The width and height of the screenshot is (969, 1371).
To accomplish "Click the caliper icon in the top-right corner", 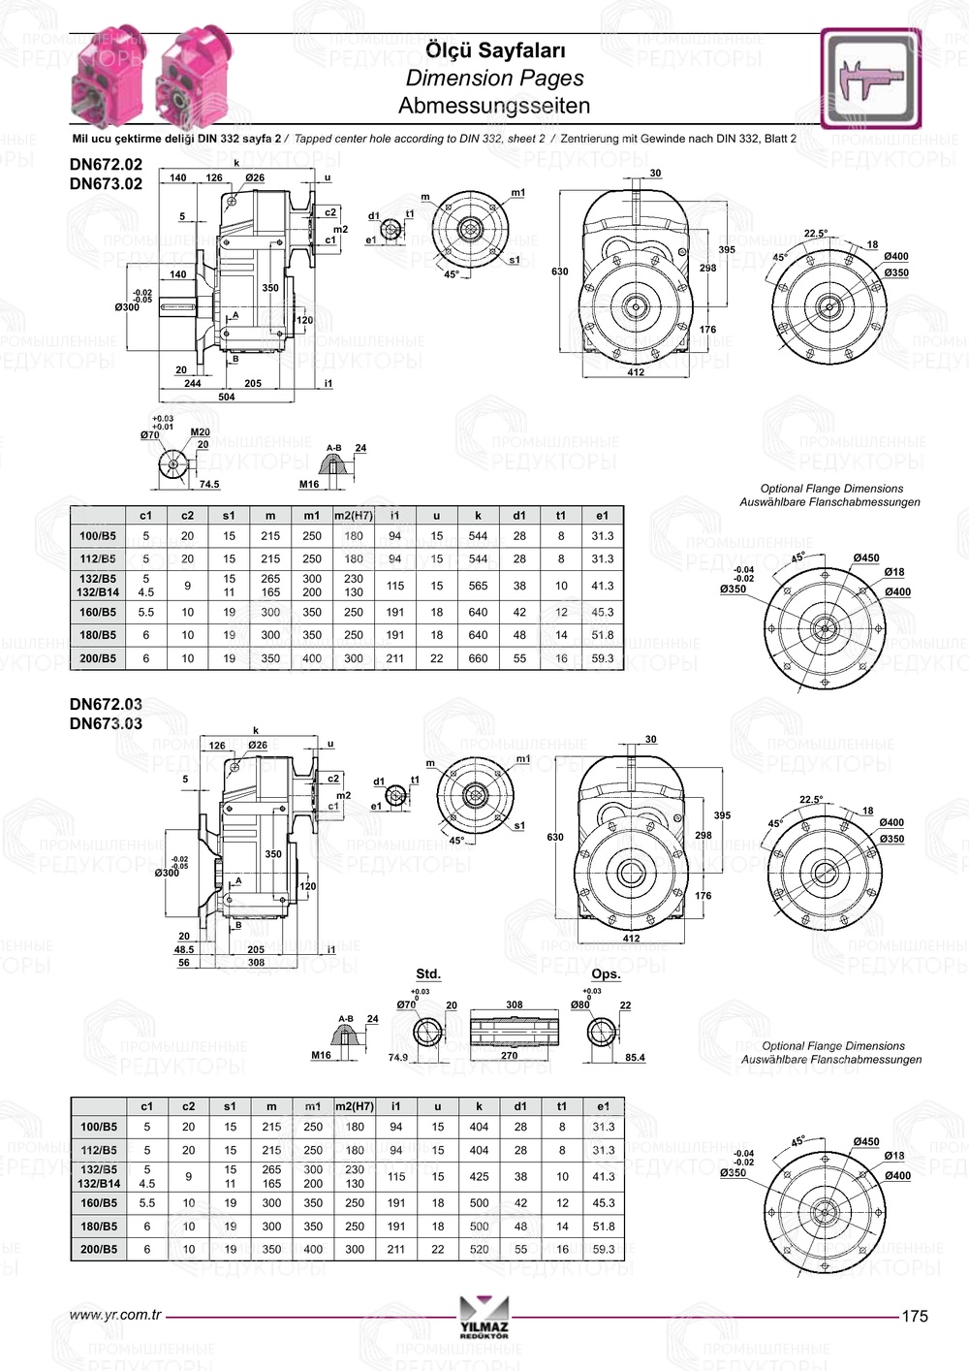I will [x=870, y=79].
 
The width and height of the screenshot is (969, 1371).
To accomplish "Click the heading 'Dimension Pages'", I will [x=494, y=79].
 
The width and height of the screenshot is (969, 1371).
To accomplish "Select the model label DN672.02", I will [x=106, y=165].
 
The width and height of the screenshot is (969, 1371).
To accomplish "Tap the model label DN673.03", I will [x=106, y=723].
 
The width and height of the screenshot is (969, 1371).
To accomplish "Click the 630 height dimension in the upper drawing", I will [x=560, y=271].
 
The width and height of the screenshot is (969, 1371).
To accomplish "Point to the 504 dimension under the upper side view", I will [x=226, y=397].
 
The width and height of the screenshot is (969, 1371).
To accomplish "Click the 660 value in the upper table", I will [x=478, y=658].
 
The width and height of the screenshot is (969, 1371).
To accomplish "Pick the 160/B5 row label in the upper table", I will [x=98, y=613].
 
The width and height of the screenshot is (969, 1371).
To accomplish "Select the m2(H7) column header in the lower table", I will [x=355, y=1106].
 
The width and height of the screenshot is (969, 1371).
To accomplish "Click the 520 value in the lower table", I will [x=479, y=1250].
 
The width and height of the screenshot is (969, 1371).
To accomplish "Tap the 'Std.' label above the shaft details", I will [x=427, y=973].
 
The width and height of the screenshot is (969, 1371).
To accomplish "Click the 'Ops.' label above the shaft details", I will [x=606, y=973].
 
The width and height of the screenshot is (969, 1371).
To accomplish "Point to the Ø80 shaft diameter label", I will [x=579, y=1005].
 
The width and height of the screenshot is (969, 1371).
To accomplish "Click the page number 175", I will [x=915, y=1316].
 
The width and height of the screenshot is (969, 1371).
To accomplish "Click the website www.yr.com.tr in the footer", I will [x=115, y=1316].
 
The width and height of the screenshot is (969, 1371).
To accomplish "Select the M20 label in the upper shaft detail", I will [x=201, y=432].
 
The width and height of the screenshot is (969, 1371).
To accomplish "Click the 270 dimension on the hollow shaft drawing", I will [x=509, y=1056].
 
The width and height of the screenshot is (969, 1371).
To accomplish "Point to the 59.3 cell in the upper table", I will [x=603, y=658].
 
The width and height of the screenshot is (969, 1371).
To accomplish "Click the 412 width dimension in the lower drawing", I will [x=631, y=939].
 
